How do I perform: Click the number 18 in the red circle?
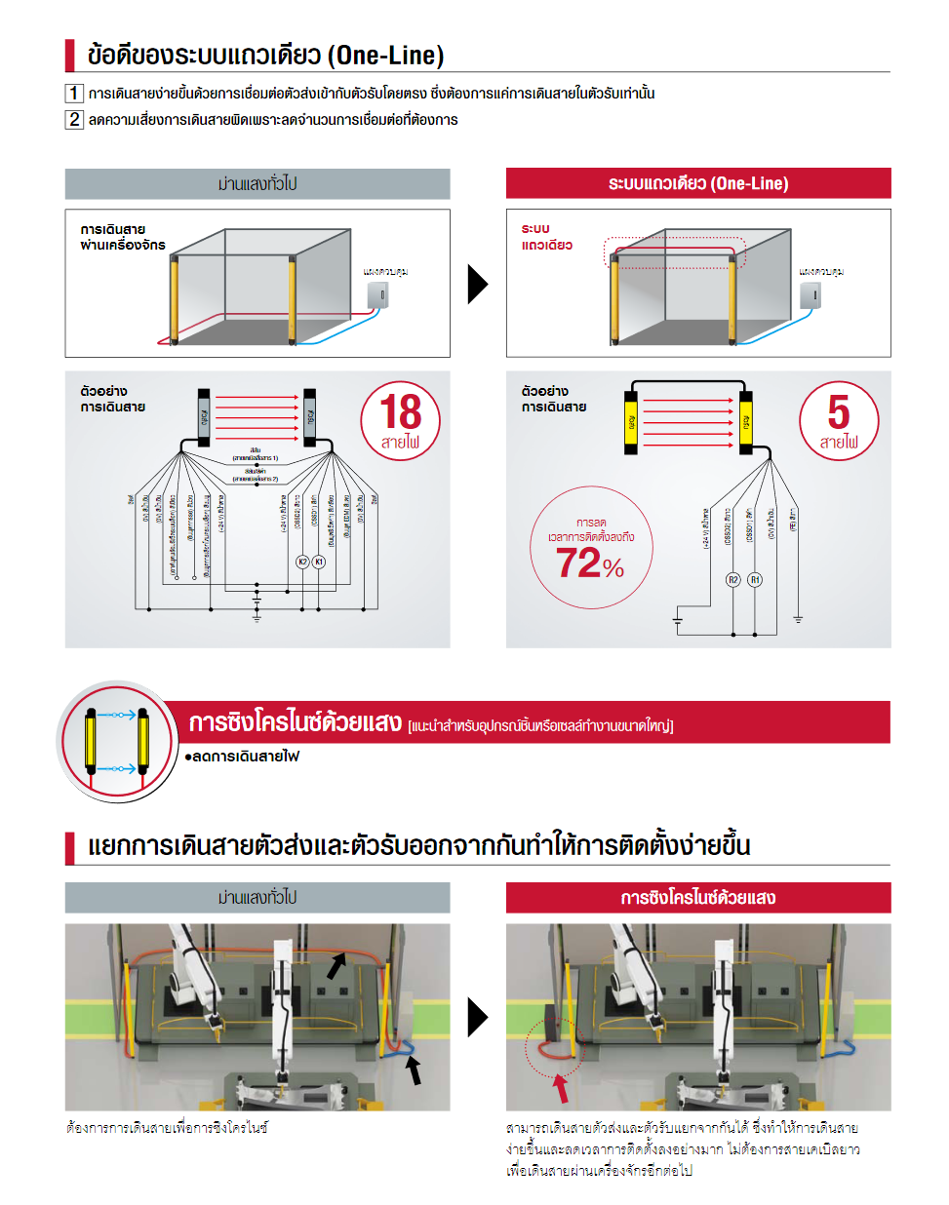tap(401, 411)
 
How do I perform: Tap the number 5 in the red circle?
tap(839, 411)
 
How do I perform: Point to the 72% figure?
tap(589, 564)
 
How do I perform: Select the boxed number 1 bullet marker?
tap(74, 94)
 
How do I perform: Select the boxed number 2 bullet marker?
tap(74, 119)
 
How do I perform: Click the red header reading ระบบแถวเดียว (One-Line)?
tap(697, 183)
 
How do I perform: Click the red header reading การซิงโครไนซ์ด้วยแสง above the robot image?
tap(697, 897)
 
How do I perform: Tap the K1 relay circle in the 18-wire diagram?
tap(319, 562)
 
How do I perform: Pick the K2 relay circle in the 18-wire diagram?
tap(302, 562)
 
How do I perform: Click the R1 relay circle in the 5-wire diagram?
tap(755, 579)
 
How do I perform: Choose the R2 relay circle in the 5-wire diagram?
tap(733, 579)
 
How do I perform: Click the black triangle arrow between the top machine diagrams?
tap(477, 284)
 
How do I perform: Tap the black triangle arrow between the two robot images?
tap(477, 1017)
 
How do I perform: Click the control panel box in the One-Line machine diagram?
tap(811, 294)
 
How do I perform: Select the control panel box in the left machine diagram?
tap(377, 294)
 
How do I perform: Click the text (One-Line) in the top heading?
tap(386, 56)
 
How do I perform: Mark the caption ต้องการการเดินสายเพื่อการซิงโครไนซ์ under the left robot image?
tap(167, 1128)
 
